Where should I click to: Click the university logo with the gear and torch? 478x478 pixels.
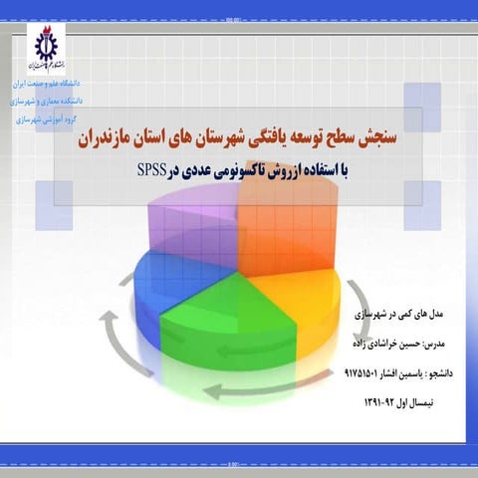click(x=45, y=48)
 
